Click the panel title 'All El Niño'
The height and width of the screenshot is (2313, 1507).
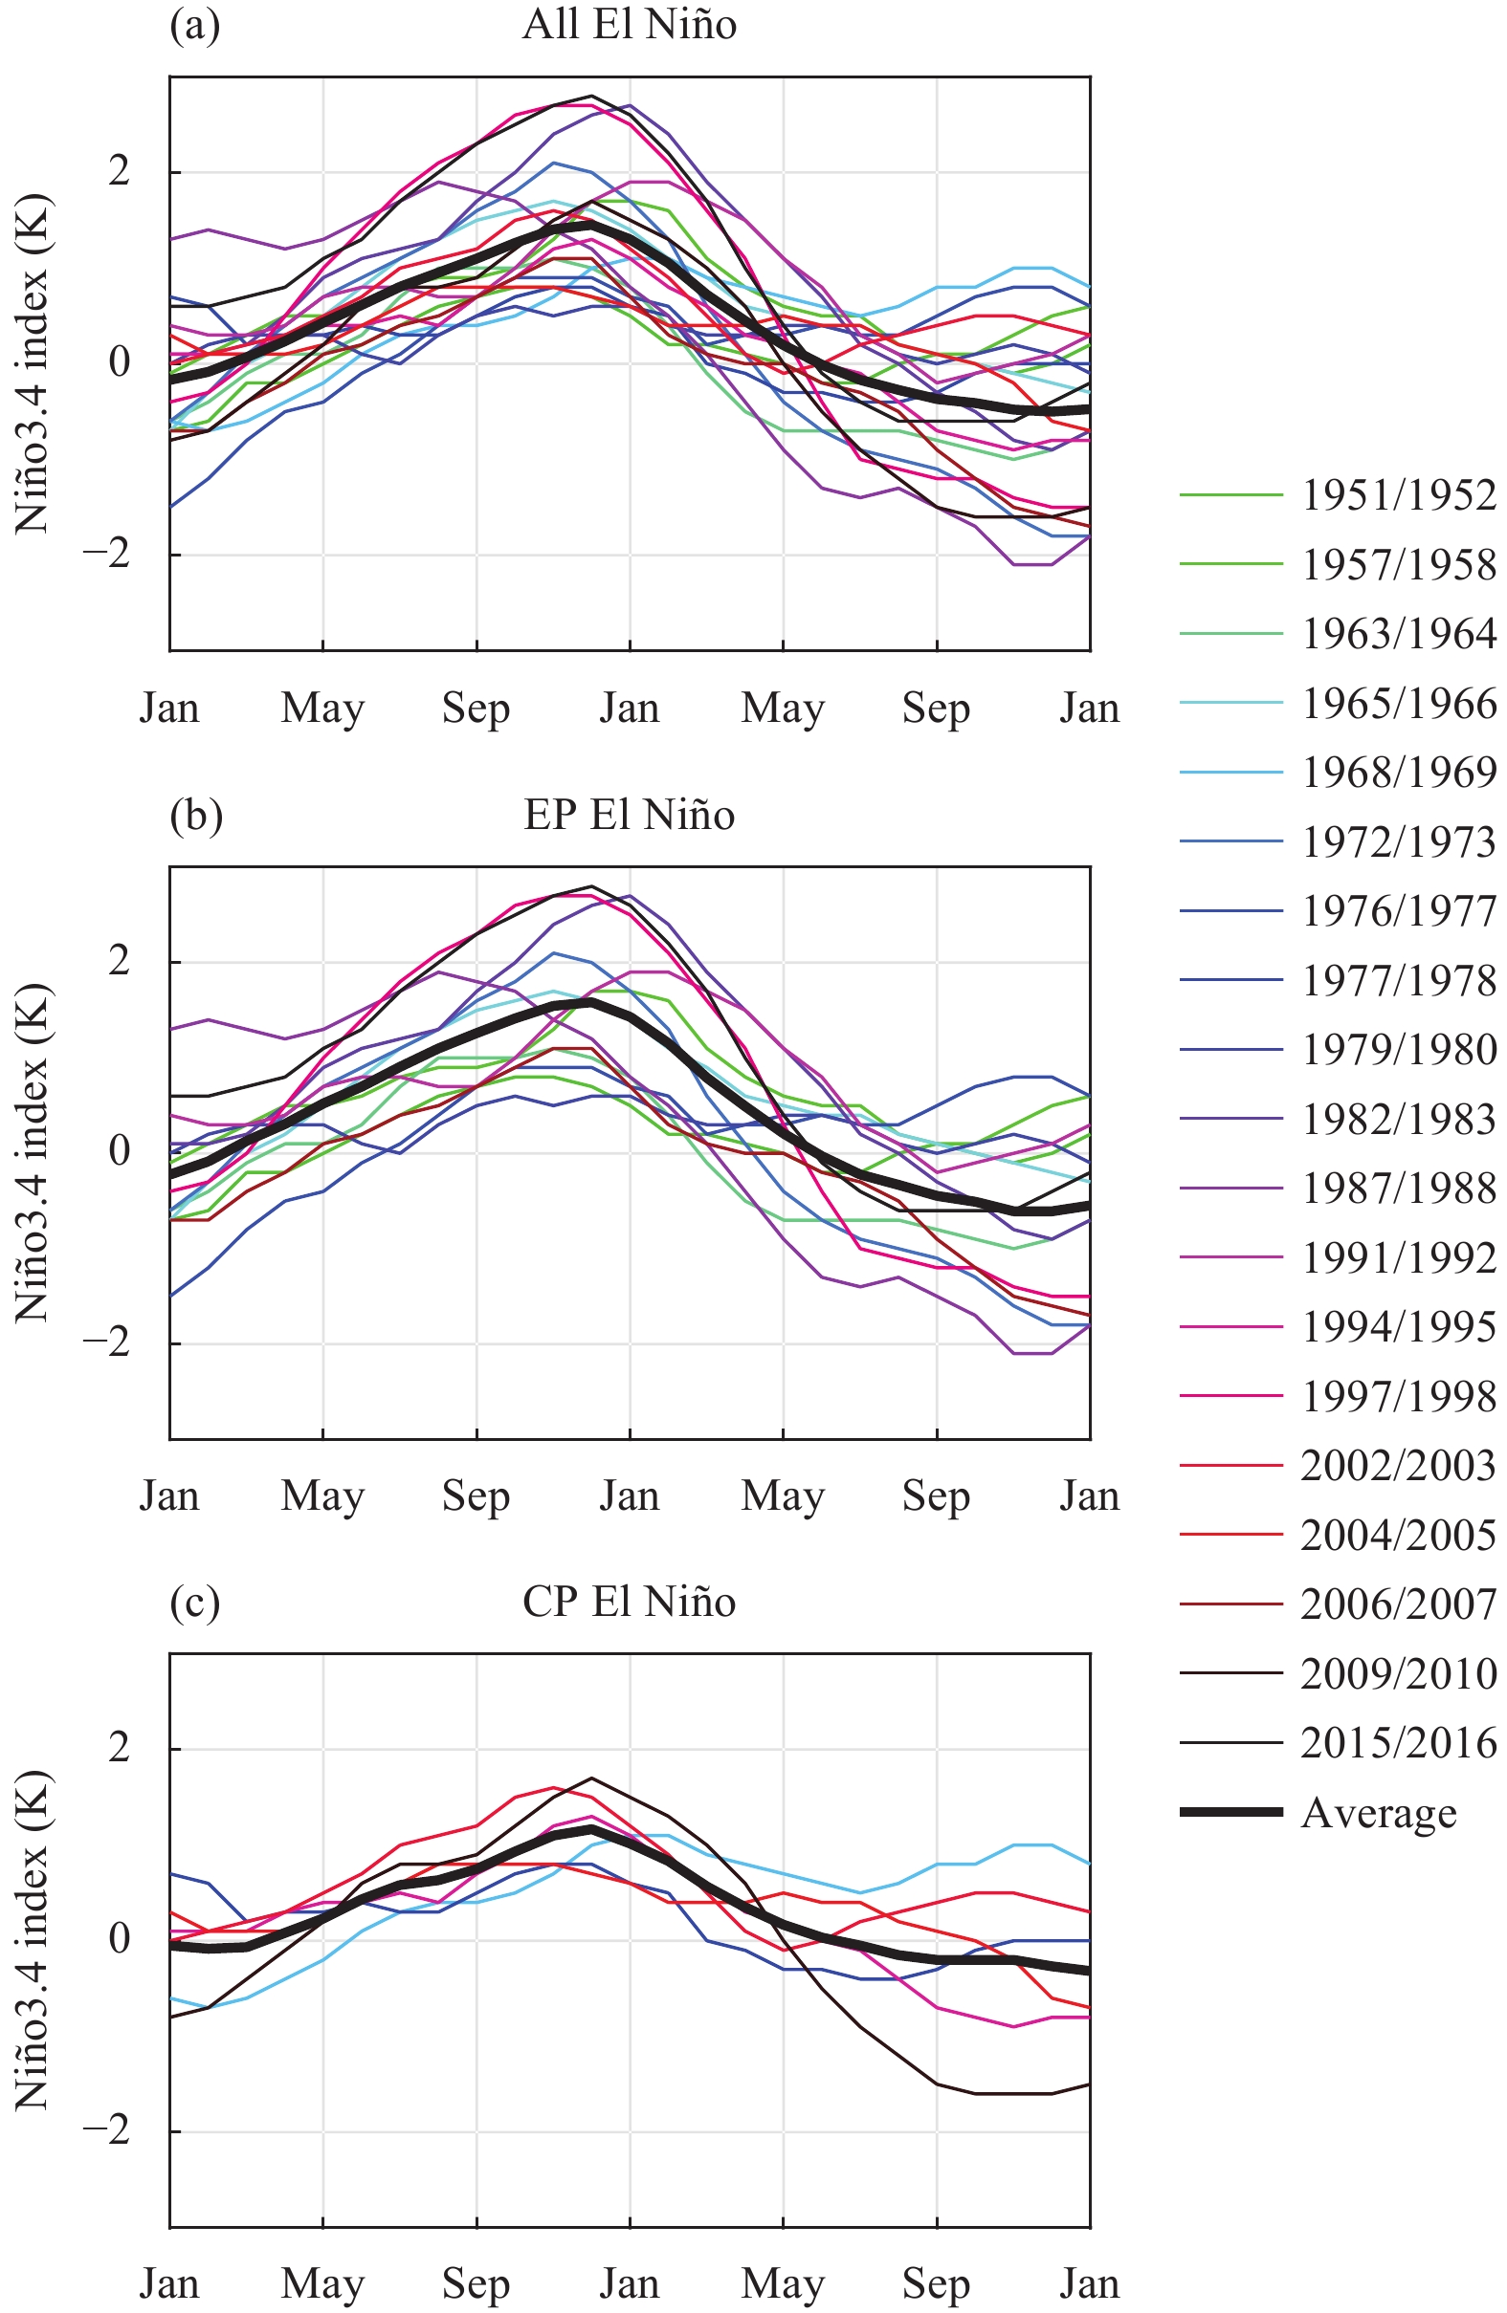click(629, 24)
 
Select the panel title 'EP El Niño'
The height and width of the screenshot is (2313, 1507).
click(629, 815)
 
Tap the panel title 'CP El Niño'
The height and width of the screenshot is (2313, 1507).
click(629, 1602)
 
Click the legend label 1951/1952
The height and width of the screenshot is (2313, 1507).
click(1398, 495)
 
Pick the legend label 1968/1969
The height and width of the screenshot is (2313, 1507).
click(1398, 773)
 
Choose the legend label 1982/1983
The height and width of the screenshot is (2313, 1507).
click(1398, 1120)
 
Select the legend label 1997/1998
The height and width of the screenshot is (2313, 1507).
click(1398, 1397)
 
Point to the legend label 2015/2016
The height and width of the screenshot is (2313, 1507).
click(1398, 1742)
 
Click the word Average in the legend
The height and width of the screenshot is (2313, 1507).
click(1379, 1814)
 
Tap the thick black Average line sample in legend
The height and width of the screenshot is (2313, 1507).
click(1230, 1813)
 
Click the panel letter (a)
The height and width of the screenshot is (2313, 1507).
click(194, 24)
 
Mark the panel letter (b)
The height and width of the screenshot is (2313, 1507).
click(195, 815)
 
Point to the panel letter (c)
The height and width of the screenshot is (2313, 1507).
click(194, 1602)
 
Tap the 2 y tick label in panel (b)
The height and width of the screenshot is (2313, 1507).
click(120, 961)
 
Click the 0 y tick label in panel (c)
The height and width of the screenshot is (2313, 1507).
click(120, 1939)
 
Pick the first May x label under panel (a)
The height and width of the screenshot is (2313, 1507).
click(321, 708)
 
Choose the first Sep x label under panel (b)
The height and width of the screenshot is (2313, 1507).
click(476, 1495)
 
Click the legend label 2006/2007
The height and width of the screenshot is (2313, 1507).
click(1398, 1604)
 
